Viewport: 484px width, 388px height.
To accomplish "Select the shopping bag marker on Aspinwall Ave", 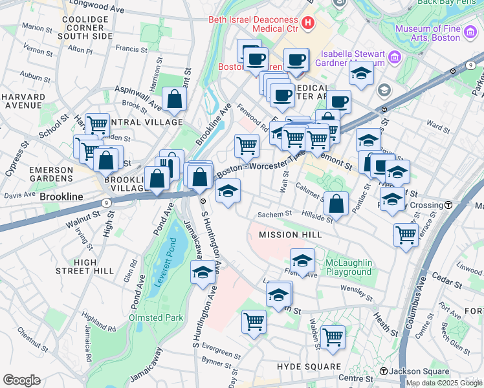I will click(x=174, y=99).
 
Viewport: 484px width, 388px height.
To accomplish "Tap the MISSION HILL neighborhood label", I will click(x=288, y=235).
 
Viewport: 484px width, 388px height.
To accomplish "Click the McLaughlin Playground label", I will click(x=348, y=267).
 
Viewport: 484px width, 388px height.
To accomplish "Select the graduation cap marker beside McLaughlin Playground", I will click(x=302, y=261).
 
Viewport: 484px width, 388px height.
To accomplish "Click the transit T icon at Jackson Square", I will click(x=384, y=371).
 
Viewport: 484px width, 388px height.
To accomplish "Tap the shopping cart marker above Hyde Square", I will click(x=332, y=336).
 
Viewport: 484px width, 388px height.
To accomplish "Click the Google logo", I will click(x=21, y=380).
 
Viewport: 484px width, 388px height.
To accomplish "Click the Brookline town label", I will click(x=61, y=196).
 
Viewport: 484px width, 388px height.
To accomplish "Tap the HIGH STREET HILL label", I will click(x=85, y=266).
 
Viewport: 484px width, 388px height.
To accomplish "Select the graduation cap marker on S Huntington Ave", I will click(x=203, y=272).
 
